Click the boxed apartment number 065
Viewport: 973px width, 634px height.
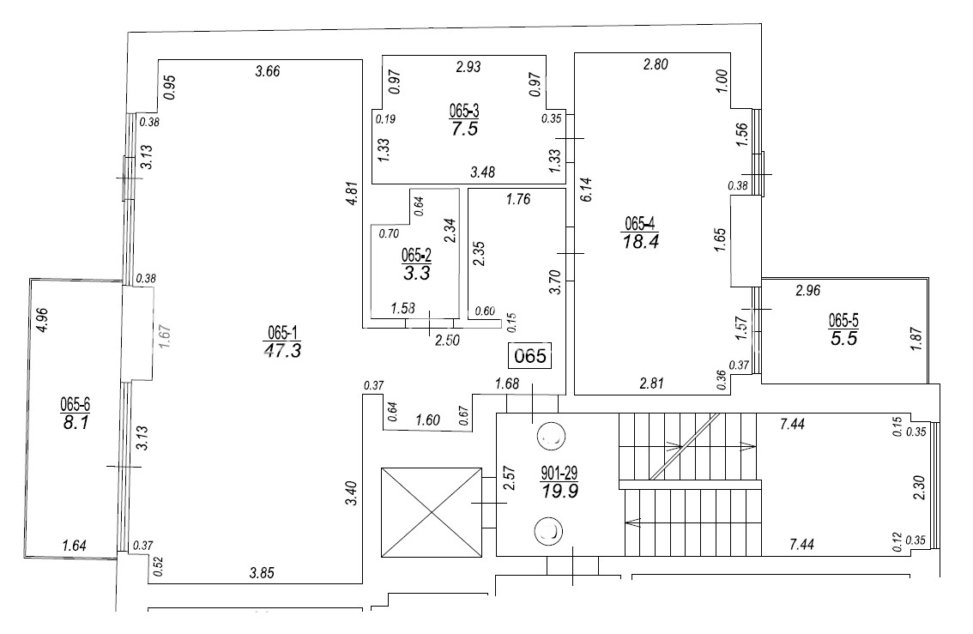point(530,355)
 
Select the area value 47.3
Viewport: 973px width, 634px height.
point(282,351)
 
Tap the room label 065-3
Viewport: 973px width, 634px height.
point(464,111)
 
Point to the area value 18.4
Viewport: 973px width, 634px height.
point(641,241)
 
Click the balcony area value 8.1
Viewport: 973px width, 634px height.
point(76,423)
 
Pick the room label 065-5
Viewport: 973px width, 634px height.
point(844,320)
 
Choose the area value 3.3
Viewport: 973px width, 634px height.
point(416,273)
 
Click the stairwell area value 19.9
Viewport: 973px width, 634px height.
point(559,492)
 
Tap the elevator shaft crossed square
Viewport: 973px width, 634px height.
point(432,512)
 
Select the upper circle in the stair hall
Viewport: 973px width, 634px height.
point(550,436)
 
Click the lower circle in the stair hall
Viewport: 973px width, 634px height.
point(548,532)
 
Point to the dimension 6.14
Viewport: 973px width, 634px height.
point(586,190)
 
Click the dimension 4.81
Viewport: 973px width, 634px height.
point(353,193)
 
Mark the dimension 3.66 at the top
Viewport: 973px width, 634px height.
point(268,71)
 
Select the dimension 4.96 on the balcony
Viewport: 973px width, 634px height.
point(42,320)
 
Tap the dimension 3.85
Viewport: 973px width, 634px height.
point(261,573)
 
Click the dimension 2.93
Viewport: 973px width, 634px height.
point(468,66)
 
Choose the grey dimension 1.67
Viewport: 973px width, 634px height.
point(165,335)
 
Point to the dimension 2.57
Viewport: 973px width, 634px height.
point(509,479)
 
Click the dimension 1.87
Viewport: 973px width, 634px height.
point(916,339)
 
